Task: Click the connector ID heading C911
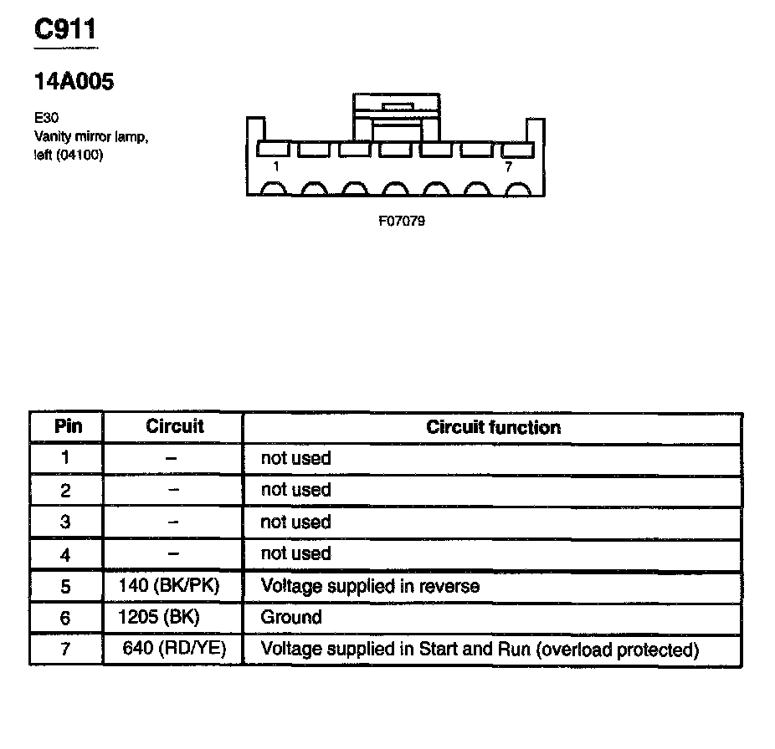(x=65, y=30)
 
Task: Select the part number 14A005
(x=74, y=82)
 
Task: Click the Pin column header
(x=68, y=426)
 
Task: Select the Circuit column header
(x=174, y=426)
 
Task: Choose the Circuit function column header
(x=493, y=427)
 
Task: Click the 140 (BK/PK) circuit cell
(x=170, y=585)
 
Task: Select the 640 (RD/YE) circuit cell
(x=174, y=649)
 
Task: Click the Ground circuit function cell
(x=291, y=617)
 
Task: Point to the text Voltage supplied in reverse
(x=370, y=585)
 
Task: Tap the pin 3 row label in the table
(x=66, y=522)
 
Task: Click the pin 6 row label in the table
(x=66, y=618)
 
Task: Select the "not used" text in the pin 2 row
(x=295, y=490)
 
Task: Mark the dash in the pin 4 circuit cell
(x=173, y=553)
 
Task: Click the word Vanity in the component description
(x=52, y=135)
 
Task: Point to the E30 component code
(x=47, y=118)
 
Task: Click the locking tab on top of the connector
(x=396, y=107)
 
